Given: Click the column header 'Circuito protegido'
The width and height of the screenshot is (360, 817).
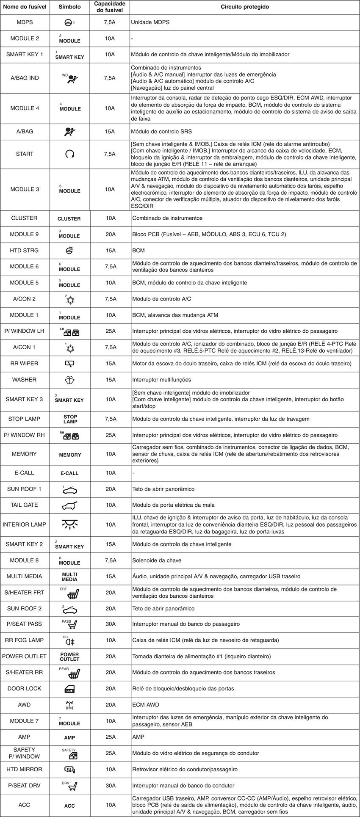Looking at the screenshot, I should tap(245, 7).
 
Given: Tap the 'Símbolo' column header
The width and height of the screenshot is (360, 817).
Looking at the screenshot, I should tap(69, 7).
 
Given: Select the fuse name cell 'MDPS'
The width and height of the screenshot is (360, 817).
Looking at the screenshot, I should tap(25, 22).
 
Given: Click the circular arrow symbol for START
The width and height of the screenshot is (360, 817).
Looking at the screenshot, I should tap(69, 154).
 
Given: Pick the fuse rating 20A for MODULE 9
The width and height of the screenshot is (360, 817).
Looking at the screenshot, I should tap(111, 234).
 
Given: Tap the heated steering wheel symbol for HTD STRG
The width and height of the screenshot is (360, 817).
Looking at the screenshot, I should tap(69, 251).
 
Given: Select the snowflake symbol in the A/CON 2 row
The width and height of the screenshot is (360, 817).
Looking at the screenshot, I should tap(70, 300).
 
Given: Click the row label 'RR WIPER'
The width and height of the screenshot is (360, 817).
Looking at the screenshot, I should tap(24, 363).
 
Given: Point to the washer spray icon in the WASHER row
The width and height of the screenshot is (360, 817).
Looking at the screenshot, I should tap(69, 380).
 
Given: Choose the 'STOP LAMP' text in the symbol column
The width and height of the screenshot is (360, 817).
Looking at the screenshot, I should tap(70, 419).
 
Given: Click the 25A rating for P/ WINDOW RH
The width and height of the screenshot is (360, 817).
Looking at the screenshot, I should tap(111, 435).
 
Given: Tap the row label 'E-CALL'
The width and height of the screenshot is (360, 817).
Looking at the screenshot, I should tap(24, 473).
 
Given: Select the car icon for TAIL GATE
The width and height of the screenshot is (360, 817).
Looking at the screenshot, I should tap(69, 505).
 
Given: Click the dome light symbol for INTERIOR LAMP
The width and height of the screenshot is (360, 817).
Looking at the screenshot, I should tap(69, 524).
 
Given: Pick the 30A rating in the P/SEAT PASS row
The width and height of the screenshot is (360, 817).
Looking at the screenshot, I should tap(111, 624).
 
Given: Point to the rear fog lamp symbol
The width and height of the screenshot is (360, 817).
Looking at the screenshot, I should tap(70, 641).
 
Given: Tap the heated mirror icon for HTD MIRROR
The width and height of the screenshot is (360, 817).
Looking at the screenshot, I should tap(69, 770).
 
